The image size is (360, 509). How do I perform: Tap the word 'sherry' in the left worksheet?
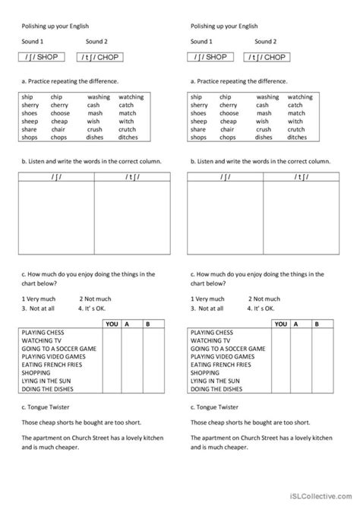point(30,105)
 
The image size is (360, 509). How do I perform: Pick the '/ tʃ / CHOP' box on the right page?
point(266,57)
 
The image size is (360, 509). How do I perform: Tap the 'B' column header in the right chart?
point(318,324)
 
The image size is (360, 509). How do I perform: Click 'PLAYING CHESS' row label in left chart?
point(43,333)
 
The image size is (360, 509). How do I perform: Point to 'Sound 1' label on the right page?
point(202,42)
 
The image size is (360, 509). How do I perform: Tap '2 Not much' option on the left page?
point(94,299)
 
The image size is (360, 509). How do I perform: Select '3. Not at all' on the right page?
point(207,308)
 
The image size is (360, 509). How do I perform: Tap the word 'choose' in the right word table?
point(230,113)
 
